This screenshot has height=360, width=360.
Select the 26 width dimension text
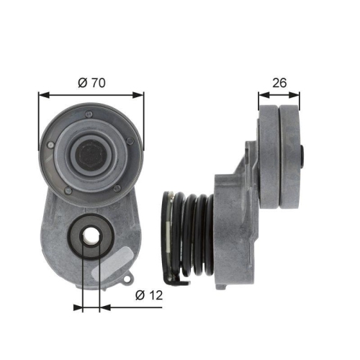click(x=279, y=83)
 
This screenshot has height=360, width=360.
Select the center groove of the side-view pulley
click(x=279, y=154)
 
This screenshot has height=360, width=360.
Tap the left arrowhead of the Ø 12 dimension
click(x=79, y=307)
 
